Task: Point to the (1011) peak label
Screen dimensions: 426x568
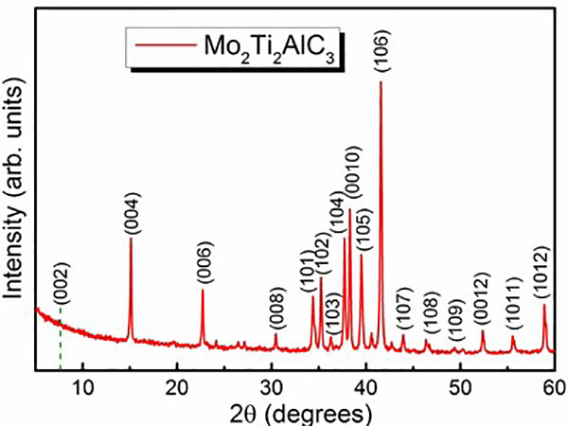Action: [513, 303]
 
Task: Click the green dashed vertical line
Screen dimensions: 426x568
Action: [61, 341]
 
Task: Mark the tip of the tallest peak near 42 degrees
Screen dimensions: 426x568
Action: [381, 81]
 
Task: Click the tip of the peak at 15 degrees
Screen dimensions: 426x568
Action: [131, 239]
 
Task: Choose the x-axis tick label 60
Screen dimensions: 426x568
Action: [553, 385]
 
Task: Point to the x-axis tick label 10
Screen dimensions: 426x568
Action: [83, 385]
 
